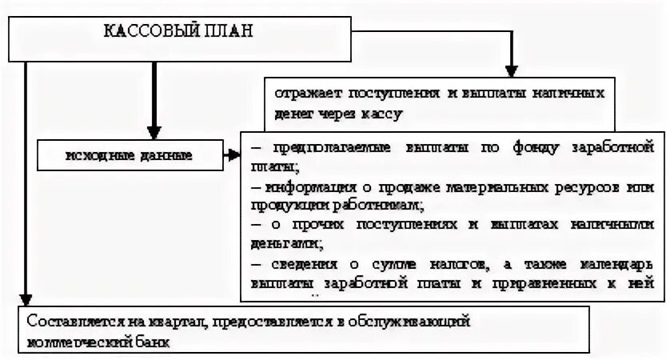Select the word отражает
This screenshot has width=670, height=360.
[x=301, y=92]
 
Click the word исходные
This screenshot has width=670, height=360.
[x=97, y=154]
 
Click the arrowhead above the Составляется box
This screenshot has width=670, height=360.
[x=26, y=298]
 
